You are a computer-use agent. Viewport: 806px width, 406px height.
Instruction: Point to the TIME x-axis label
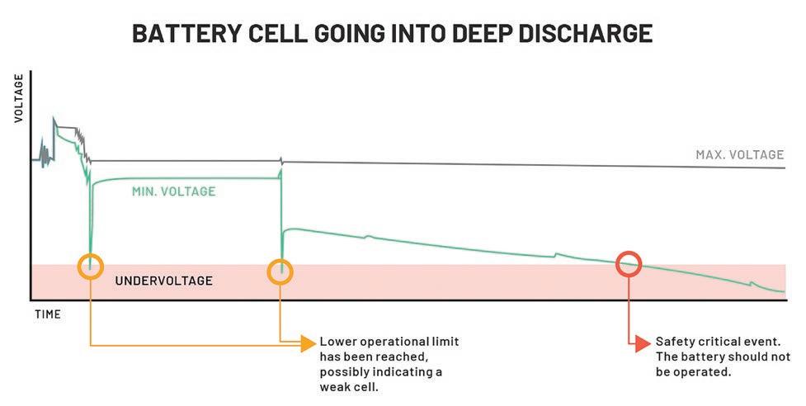coord(48,314)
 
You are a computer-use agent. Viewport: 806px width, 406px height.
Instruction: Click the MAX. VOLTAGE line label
coord(739,154)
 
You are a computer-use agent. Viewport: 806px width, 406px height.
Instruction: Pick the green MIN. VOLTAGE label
coord(173,191)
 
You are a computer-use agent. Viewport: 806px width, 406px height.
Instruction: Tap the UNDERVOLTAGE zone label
coord(163,281)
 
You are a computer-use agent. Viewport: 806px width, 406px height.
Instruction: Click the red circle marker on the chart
coord(629,263)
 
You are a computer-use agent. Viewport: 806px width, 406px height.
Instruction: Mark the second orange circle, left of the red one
coord(281,271)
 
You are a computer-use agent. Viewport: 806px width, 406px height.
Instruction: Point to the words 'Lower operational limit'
coord(389,342)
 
